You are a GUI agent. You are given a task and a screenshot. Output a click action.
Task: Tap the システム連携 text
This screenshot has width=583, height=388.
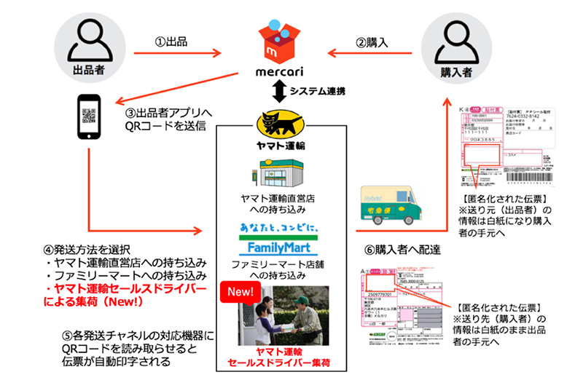[x=318, y=92]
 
